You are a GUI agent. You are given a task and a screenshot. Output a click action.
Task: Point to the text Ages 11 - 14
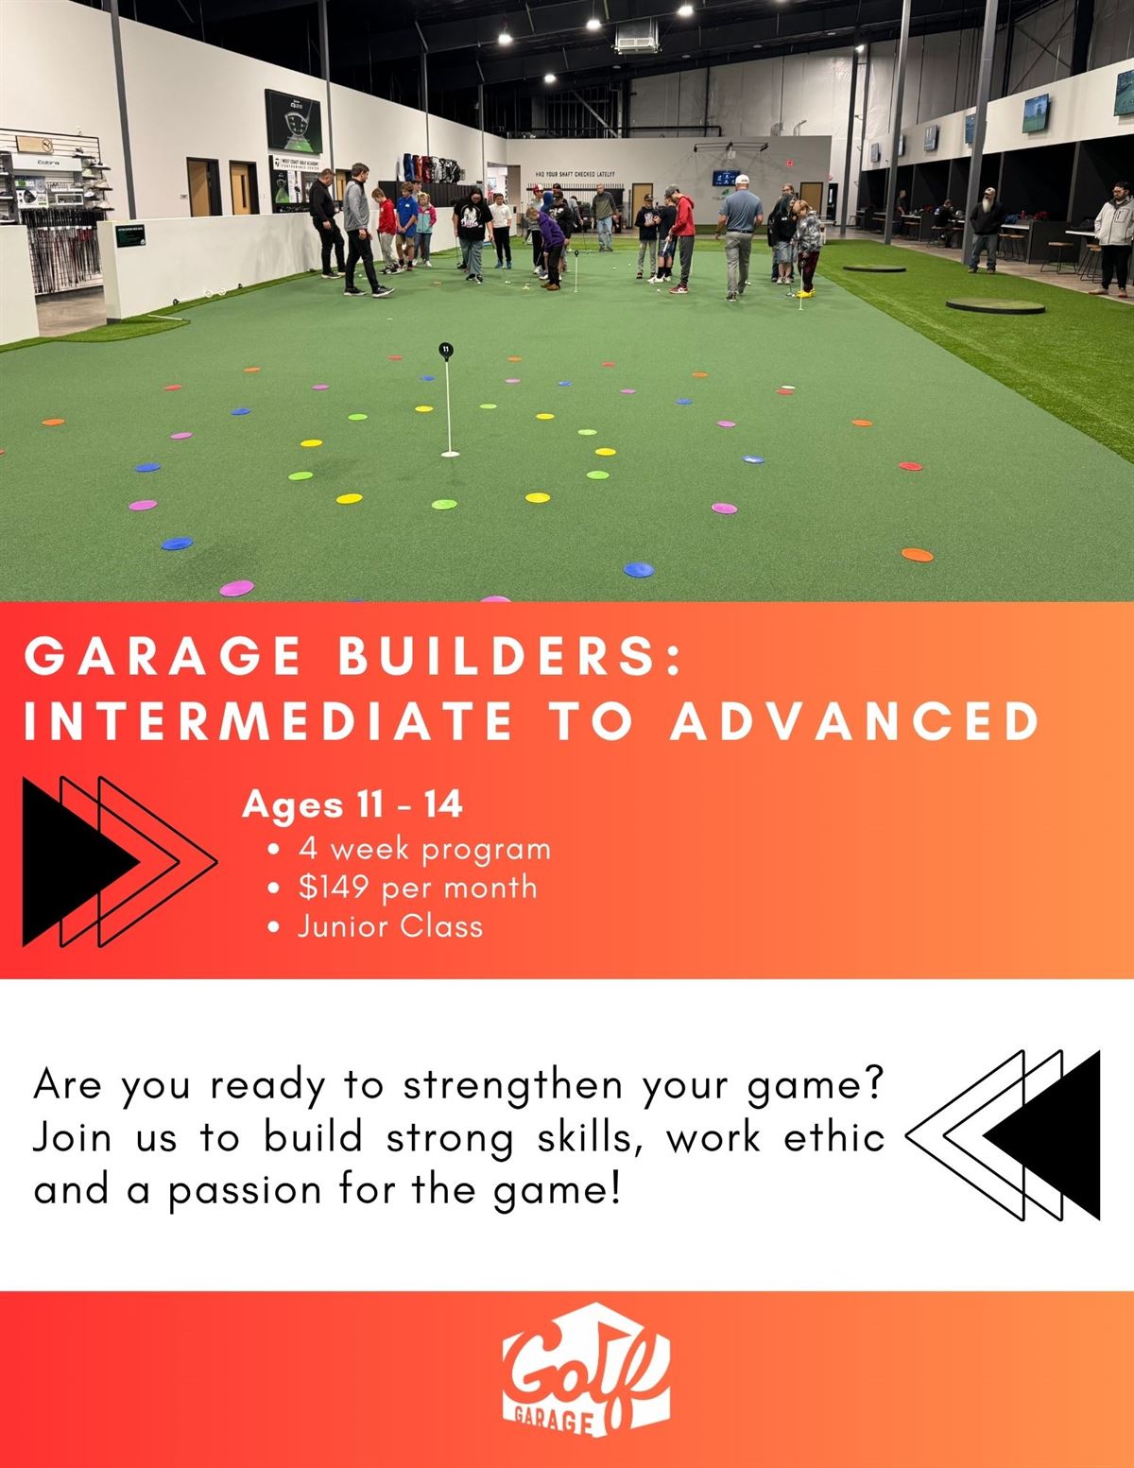(352, 804)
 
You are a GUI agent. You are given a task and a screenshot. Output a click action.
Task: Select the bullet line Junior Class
(389, 925)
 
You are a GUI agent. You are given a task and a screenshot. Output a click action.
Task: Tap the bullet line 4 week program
(423, 848)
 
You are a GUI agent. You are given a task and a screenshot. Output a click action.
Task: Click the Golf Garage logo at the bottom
(586, 1381)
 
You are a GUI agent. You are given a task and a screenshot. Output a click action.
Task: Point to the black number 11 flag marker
(446, 350)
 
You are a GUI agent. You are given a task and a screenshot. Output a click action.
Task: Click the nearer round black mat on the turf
(994, 305)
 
